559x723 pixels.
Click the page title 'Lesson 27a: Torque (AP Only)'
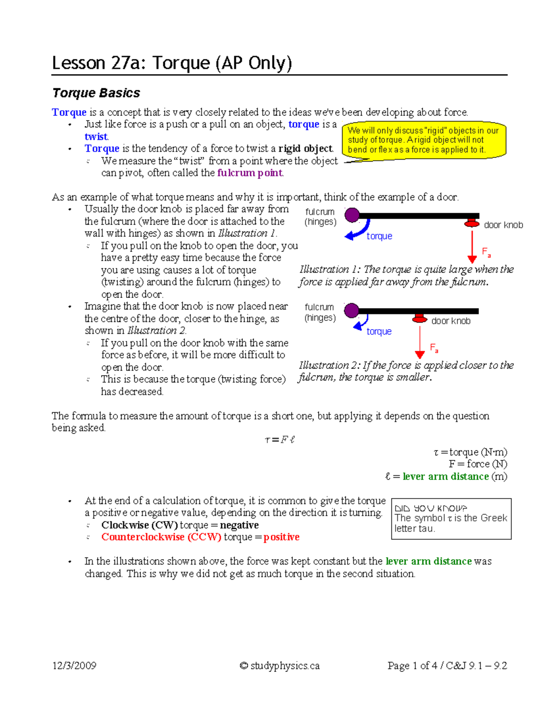point(172,63)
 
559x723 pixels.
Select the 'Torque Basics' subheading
point(96,93)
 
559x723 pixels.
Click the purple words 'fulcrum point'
point(250,173)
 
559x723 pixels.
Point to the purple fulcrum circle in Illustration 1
point(352,215)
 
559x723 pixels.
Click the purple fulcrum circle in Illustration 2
point(351,311)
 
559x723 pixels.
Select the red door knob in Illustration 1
point(472,223)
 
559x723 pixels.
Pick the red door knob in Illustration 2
point(420,319)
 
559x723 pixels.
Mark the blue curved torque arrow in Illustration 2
point(361,323)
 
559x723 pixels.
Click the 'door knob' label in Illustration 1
point(503,225)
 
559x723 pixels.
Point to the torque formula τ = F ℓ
point(279,439)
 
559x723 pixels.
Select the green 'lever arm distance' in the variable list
point(445,476)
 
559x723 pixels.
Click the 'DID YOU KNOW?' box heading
point(430,508)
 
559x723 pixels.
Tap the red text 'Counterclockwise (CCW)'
point(161,537)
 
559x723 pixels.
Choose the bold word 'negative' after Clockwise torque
point(239,525)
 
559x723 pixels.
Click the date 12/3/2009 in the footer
point(74,665)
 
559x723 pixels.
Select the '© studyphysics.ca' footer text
point(279,665)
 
